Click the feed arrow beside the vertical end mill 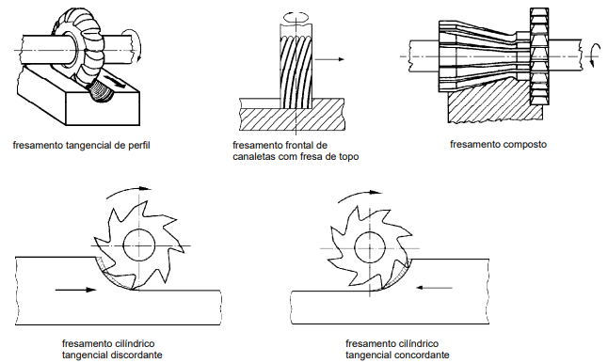[x=329, y=59]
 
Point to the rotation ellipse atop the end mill [x=296, y=17]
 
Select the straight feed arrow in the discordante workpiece [x=75, y=290]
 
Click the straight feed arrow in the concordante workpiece [x=434, y=288]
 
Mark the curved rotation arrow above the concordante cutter [x=359, y=194]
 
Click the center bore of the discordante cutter [x=139, y=245]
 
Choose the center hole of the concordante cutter [x=370, y=247]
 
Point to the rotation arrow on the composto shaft [x=591, y=56]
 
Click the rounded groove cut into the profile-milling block [x=102, y=92]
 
